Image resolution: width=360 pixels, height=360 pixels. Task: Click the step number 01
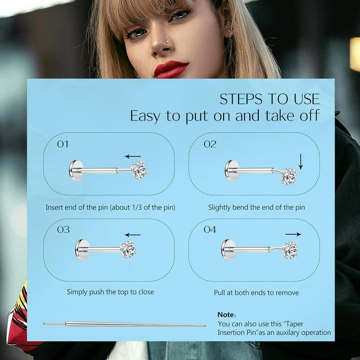point(63,144)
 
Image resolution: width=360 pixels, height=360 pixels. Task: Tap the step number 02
point(210,144)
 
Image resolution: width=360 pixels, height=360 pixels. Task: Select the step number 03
point(63,230)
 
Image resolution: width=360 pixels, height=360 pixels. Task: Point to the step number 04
point(210,230)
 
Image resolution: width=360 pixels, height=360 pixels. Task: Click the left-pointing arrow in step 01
point(133,157)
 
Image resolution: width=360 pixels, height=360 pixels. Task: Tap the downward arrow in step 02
point(301,161)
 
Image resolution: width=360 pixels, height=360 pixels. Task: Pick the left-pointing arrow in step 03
point(133,235)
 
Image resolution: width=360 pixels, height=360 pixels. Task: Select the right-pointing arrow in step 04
point(293,234)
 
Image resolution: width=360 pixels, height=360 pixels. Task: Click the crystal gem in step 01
point(139,170)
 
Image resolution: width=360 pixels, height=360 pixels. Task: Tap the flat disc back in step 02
point(231,171)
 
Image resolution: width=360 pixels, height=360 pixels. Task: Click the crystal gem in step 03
point(128,249)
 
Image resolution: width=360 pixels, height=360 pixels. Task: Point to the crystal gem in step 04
point(290,250)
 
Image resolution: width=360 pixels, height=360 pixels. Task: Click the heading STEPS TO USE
point(270,99)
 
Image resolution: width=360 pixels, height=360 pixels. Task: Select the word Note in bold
point(227,315)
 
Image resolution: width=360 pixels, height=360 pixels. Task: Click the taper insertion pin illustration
point(125,324)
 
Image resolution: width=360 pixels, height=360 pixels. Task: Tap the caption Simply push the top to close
point(110,292)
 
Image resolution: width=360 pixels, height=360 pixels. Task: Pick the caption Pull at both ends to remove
point(256,292)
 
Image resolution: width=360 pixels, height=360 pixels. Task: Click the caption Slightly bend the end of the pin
point(256,207)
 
